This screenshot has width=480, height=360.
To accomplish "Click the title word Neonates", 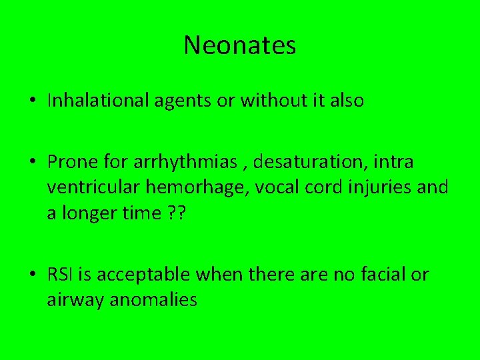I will tap(240, 45).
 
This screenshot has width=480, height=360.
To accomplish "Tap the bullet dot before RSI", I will tap(32, 275).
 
